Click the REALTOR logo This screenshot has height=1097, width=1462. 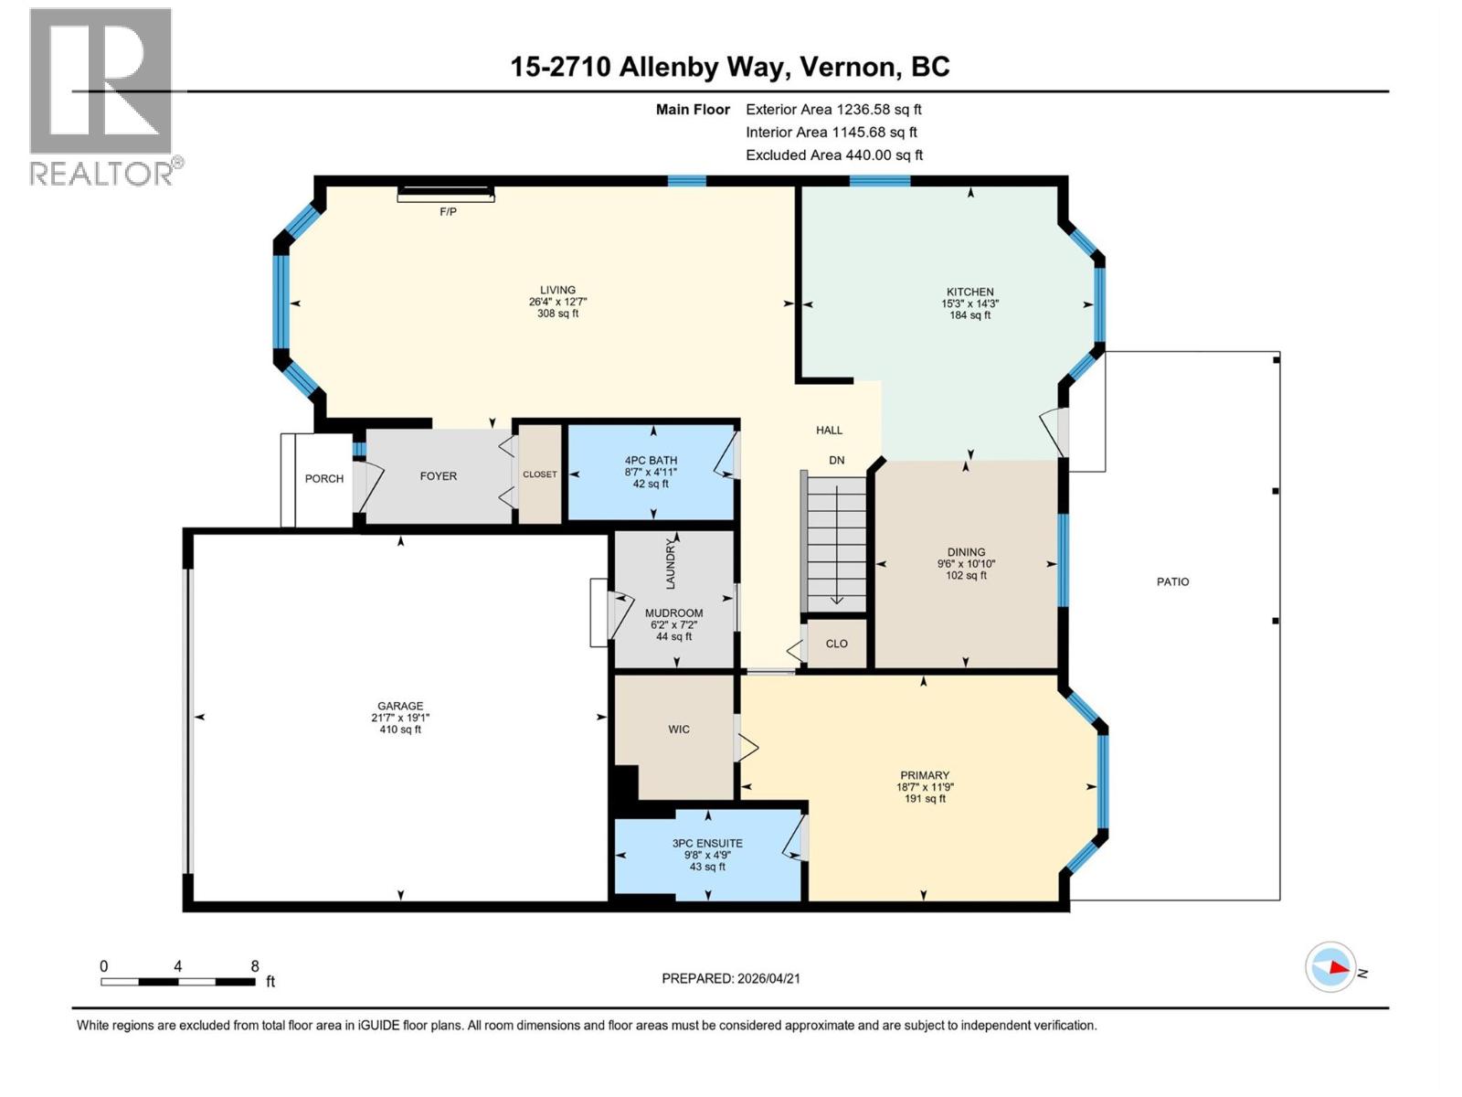coord(101,96)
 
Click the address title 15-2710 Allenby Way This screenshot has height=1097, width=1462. coord(729,67)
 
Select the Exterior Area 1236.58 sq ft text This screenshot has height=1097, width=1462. coord(833,109)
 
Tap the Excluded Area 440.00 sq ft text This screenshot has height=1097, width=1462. coord(833,154)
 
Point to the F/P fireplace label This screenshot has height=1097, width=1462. coord(448,211)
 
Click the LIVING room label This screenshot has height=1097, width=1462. coord(557,290)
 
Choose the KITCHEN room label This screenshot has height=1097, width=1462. coord(969,292)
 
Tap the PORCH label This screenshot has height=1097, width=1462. coord(324,478)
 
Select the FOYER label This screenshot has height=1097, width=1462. coord(438,475)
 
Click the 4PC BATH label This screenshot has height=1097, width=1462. coord(651,461)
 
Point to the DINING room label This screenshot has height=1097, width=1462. coord(966,552)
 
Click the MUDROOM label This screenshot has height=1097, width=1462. coord(673,613)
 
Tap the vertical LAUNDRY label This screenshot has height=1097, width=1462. coord(670,564)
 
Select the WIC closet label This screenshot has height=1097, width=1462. coord(678,729)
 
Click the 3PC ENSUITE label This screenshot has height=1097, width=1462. coord(707,843)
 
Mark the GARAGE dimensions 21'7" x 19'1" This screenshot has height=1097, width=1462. coord(400,718)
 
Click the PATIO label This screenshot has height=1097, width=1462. coord(1172,581)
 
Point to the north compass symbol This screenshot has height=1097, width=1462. coord(1330,967)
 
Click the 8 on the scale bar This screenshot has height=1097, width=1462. coord(255,966)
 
